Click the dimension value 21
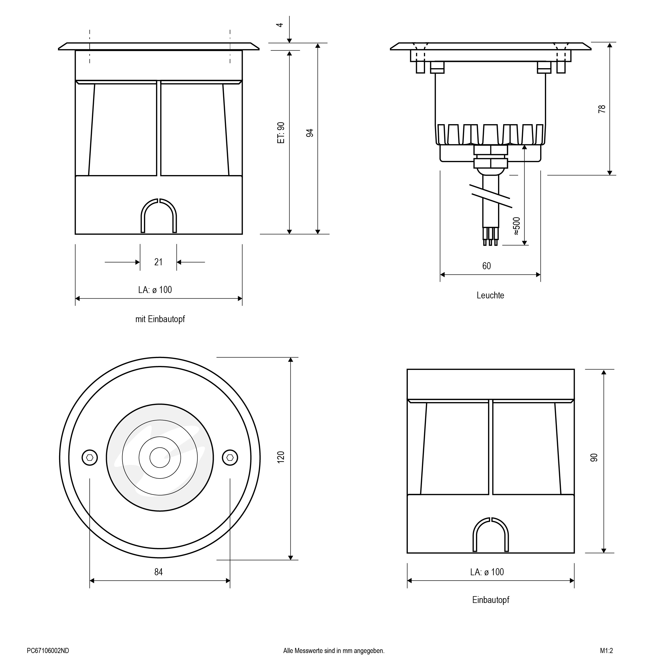click(x=158, y=262)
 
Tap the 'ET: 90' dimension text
click(x=281, y=133)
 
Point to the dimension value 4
click(x=280, y=25)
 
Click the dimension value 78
click(x=602, y=109)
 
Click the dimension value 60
click(x=486, y=266)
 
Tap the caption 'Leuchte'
click(x=490, y=295)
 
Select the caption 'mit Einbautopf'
click(x=160, y=319)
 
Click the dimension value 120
click(x=281, y=457)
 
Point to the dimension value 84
click(x=158, y=572)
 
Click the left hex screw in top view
click(x=90, y=458)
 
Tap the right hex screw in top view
click(x=230, y=458)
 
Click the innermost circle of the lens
click(x=160, y=457)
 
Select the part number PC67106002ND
click(x=48, y=651)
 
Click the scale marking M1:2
click(x=606, y=651)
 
